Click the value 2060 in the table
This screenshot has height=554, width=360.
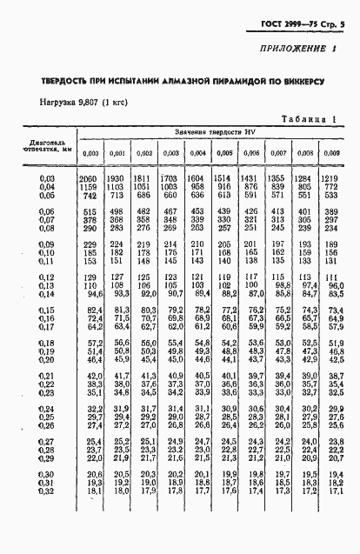(91, 177)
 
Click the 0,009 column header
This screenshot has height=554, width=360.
(331, 153)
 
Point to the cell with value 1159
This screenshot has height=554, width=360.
(91, 186)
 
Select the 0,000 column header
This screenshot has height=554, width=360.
(91, 153)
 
